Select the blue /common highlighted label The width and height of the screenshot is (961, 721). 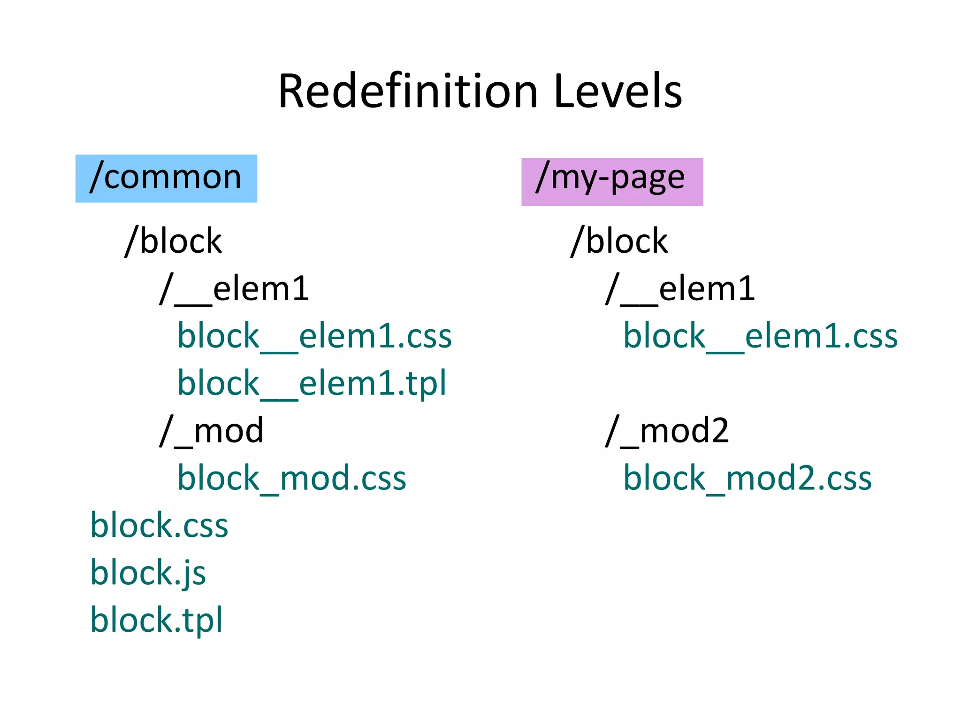coord(166,178)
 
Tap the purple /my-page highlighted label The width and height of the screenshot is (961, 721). coord(612,182)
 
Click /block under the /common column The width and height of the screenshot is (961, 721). coord(174,241)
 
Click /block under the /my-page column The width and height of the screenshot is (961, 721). coord(619,241)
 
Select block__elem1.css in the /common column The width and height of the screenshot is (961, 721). coord(314,336)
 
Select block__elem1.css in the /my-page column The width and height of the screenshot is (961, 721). coord(760,336)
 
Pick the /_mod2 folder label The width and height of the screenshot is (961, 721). coord(667,431)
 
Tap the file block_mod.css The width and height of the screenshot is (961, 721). coord(291,478)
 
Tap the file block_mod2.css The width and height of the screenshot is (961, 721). coord(747,478)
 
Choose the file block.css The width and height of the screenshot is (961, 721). coord(159,526)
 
